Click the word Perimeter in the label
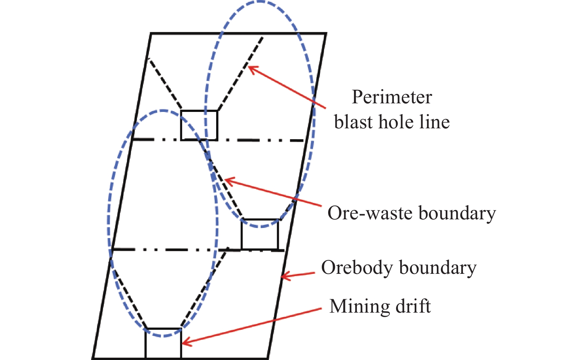(392, 98)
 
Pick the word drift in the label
(414, 306)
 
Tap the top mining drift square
(199, 125)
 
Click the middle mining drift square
(260, 234)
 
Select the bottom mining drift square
(163, 343)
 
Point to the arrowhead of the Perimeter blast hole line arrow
(250, 68)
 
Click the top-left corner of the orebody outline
(151, 34)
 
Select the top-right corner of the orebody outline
(326, 34)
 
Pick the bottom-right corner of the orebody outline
(268, 359)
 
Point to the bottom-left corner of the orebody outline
(93, 359)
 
